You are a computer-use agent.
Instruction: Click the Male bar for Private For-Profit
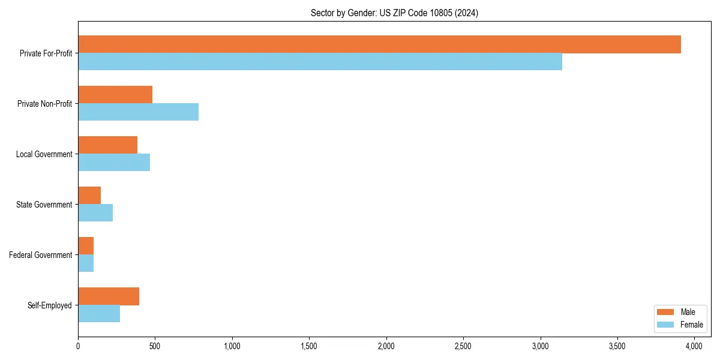tap(379, 44)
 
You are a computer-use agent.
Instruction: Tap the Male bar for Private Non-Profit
tap(115, 95)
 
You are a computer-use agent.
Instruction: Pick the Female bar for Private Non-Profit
tap(138, 112)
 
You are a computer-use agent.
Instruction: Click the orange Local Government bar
tap(107, 145)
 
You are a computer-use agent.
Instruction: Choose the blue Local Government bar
tap(114, 163)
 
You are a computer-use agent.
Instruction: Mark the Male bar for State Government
tap(89, 196)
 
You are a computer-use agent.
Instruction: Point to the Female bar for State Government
tap(95, 213)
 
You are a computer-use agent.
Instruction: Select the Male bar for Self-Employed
tap(109, 296)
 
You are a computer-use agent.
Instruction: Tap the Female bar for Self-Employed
tap(99, 314)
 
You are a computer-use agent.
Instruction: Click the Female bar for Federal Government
tap(86, 263)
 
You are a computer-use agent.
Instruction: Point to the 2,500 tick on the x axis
tap(463, 346)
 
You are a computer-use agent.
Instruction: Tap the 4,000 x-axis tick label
tap(694, 346)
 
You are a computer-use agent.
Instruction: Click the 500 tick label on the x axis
tap(155, 346)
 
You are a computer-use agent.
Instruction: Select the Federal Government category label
tap(41, 255)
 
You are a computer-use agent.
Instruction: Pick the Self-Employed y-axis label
tap(50, 305)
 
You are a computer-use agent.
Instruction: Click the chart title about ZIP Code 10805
tap(394, 13)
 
